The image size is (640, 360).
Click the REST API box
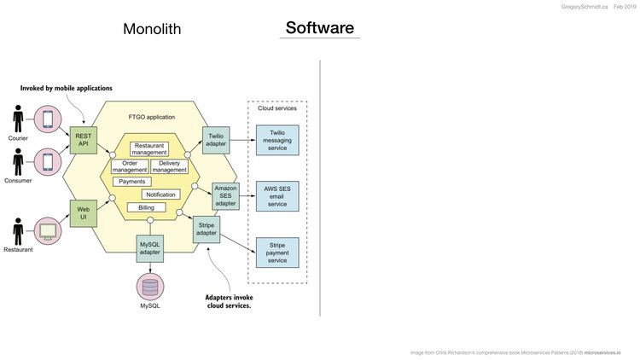[83, 140]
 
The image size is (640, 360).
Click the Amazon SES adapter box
[225, 195]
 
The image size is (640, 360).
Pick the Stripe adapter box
[207, 229]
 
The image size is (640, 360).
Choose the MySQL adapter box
[150, 247]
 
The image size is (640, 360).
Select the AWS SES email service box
[276, 195]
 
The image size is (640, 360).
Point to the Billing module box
[148, 207]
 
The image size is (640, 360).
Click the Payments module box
[131, 182]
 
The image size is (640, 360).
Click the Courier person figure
[18, 120]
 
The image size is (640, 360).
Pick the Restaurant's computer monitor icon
[47, 229]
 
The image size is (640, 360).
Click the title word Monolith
[152, 29]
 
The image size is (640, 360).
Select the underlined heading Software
[319, 27]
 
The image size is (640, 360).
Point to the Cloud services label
[276, 108]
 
